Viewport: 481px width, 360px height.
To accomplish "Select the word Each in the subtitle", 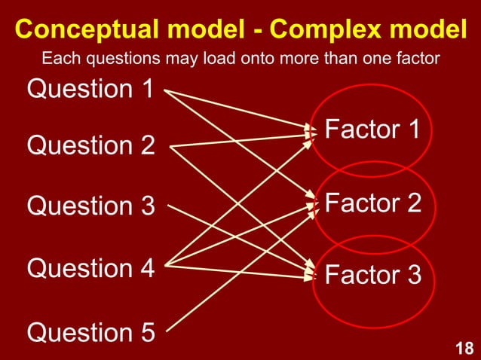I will pyautogui.click(x=57, y=58).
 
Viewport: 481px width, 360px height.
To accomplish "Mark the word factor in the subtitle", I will pyautogui.click(x=418, y=58).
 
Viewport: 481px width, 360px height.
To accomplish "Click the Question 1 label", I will pyautogui.click(x=90, y=89).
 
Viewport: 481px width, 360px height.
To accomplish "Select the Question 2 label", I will pyautogui.click(x=90, y=145).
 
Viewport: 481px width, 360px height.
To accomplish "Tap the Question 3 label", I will pyautogui.click(x=90, y=206).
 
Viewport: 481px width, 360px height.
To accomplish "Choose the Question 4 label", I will pyautogui.click(x=90, y=267).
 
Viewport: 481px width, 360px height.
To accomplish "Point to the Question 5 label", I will pyautogui.click(x=90, y=331).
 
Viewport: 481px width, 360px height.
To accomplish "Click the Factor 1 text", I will pyautogui.click(x=372, y=130).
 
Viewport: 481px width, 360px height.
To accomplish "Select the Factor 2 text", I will pyautogui.click(x=372, y=203).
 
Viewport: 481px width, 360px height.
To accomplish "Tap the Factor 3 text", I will pyautogui.click(x=372, y=275).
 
